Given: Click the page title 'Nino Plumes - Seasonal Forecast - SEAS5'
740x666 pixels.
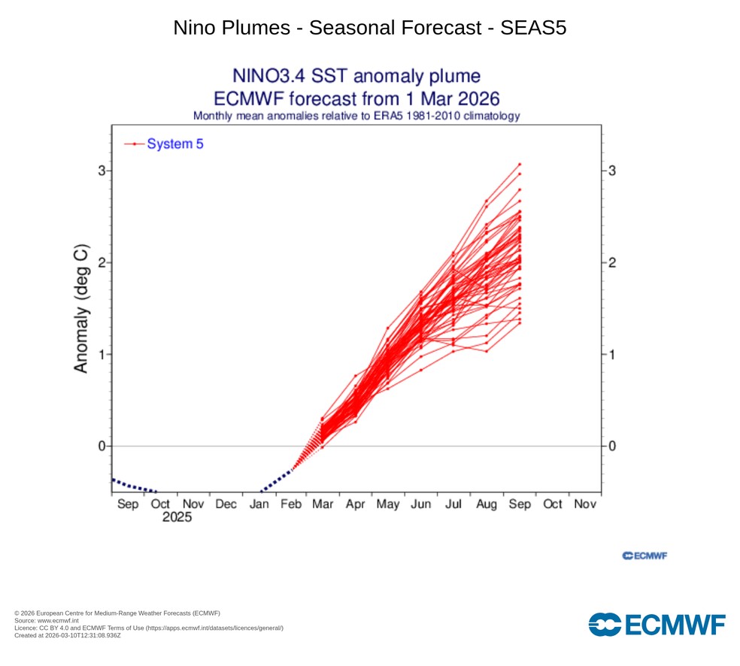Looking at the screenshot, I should pyautogui.click(x=369, y=28).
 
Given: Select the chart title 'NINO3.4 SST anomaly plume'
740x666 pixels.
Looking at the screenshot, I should pyautogui.click(x=356, y=76).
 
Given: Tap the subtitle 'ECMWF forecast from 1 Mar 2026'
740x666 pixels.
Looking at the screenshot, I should pyautogui.click(x=356, y=98).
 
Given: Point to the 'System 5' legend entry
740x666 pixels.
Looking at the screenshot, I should pyautogui.click(x=174, y=144).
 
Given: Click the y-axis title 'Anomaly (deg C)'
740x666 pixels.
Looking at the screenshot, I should pyautogui.click(x=81, y=308).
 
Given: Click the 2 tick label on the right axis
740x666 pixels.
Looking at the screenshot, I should pyautogui.click(x=613, y=262).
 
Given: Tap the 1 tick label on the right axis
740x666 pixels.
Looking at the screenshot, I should pyautogui.click(x=613, y=354).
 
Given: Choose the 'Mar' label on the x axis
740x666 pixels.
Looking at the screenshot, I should pyautogui.click(x=323, y=504).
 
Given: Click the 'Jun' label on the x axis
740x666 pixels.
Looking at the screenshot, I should pyautogui.click(x=421, y=504).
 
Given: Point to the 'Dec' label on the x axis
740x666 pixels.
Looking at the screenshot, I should pyautogui.click(x=226, y=504).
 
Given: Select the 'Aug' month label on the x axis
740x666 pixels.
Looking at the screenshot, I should pyautogui.click(x=487, y=504).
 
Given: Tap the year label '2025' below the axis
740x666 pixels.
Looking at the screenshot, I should pyautogui.click(x=177, y=518).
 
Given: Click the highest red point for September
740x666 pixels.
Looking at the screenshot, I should pyautogui.click(x=520, y=164).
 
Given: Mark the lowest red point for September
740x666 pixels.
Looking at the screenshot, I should pyautogui.click(x=520, y=324).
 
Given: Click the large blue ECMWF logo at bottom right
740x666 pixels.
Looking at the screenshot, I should pyautogui.click(x=657, y=624).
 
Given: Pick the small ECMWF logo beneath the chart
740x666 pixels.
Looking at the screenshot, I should pyautogui.click(x=645, y=556).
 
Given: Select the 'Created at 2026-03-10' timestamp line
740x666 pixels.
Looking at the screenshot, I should pyautogui.click(x=68, y=635).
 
